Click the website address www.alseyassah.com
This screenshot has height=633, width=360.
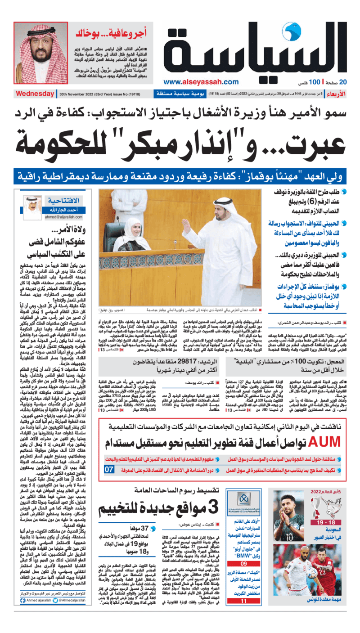[x=201, y=82]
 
